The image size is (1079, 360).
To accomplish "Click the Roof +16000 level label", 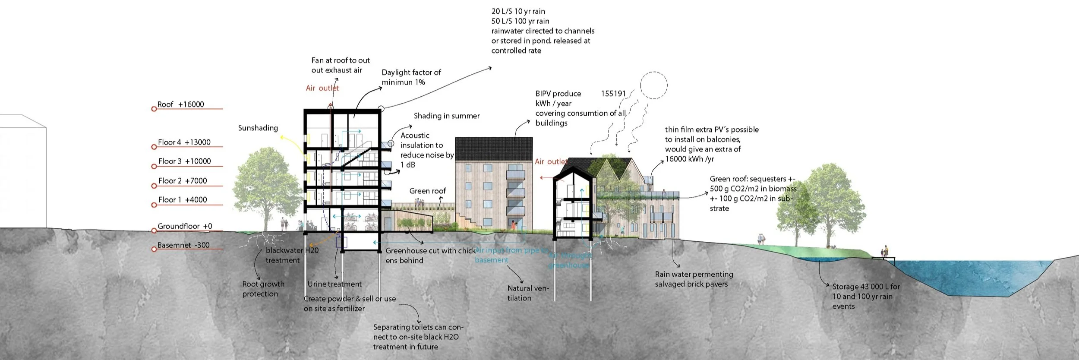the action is [x=180, y=104].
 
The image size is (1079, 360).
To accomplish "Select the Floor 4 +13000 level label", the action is [x=184, y=142].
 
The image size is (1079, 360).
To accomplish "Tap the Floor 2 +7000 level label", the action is [x=182, y=181].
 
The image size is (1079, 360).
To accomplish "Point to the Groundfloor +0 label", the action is [x=185, y=226].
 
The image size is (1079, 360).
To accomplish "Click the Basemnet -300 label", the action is [x=183, y=245].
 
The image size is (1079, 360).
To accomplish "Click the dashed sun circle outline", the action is [x=653, y=85].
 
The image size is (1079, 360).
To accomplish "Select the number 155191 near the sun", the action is [x=613, y=94].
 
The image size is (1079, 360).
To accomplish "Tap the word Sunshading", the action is [x=258, y=128].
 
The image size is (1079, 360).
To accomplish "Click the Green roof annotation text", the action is [x=427, y=191].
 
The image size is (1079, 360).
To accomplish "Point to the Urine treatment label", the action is [x=334, y=284].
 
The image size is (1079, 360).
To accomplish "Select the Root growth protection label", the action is [x=263, y=289].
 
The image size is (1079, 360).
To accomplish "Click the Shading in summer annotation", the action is [x=447, y=116].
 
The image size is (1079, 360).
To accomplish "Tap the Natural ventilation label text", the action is [x=527, y=293].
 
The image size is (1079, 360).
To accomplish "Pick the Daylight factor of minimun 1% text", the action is [x=411, y=77].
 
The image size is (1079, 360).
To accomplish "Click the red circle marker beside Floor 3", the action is [x=154, y=166].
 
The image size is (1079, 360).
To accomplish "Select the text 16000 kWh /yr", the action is [x=690, y=159].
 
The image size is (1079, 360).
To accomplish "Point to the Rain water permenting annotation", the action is [x=694, y=279].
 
